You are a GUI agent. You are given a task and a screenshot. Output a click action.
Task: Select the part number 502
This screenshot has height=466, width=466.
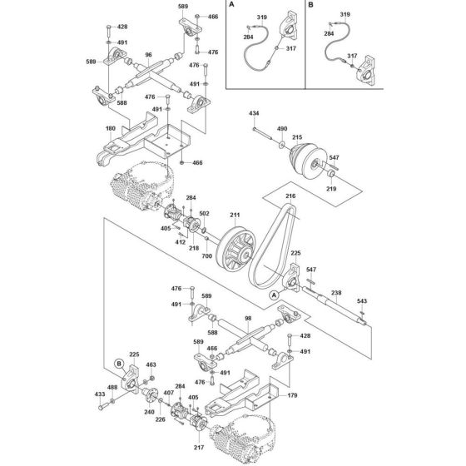click(x=204, y=214)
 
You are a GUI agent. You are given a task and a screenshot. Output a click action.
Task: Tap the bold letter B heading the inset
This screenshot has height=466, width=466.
click(x=312, y=7)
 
